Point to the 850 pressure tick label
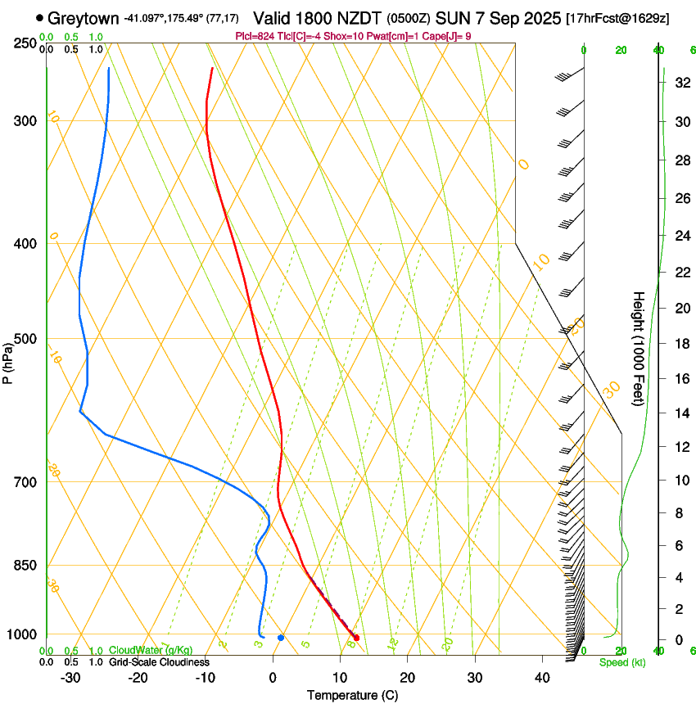[x=26, y=566]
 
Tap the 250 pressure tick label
[x=26, y=43]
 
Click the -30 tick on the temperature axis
[x=70, y=678]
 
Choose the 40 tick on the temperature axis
[x=542, y=678]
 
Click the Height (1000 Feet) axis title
[x=640, y=348]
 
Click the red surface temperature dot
[x=355, y=638]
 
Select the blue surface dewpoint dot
[x=281, y=638]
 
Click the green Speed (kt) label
[x=621, y=662]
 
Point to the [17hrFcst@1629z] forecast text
[x=617, y=18]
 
